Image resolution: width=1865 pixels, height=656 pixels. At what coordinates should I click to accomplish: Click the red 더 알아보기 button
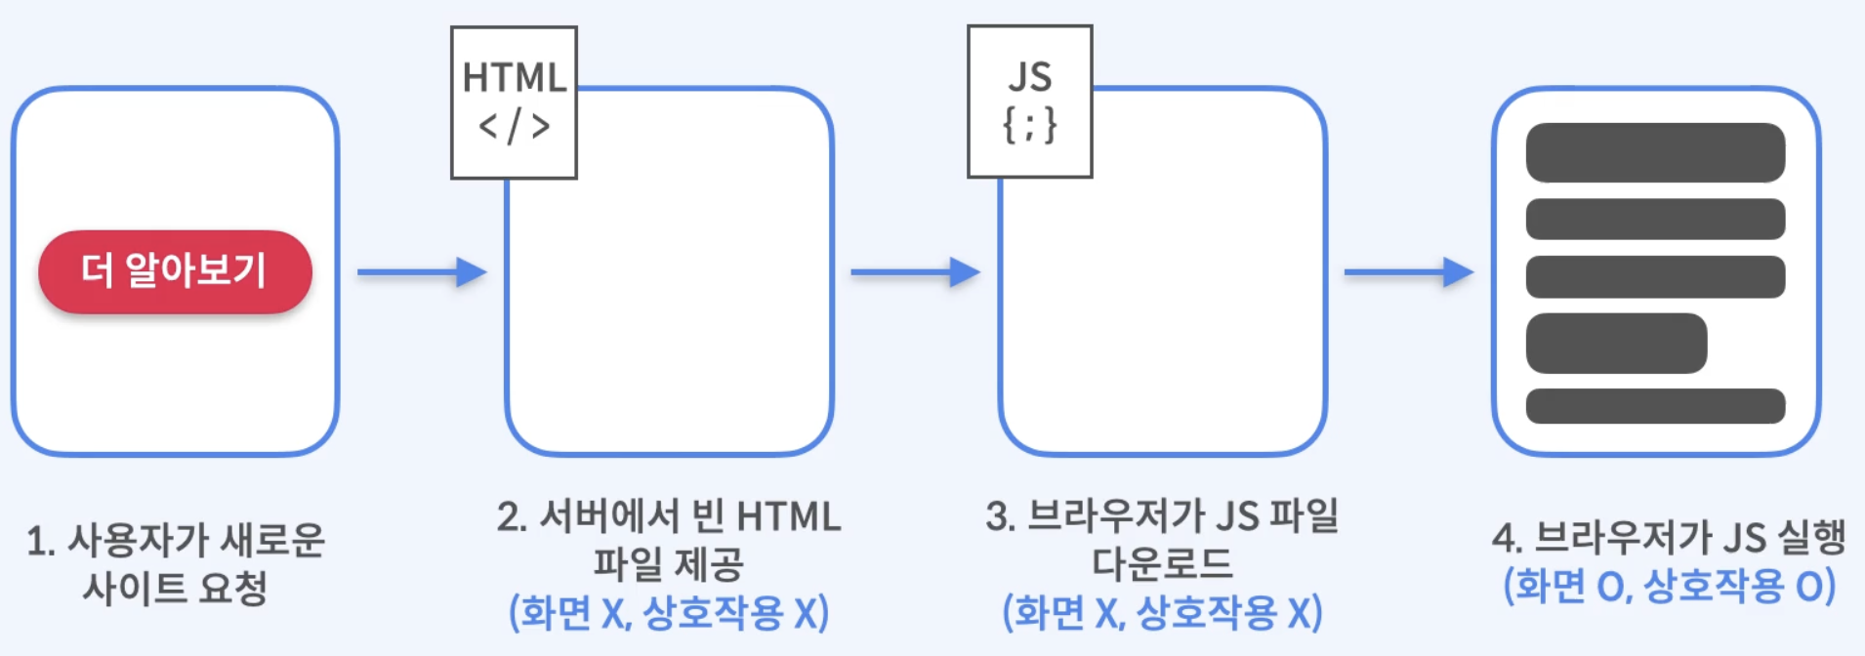pos(175,271)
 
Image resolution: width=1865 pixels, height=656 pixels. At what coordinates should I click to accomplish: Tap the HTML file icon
pos(514,102)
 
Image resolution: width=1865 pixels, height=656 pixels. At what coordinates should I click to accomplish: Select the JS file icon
pos(1029,102)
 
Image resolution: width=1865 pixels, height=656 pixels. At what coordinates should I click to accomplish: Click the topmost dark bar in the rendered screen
pos(1655,152)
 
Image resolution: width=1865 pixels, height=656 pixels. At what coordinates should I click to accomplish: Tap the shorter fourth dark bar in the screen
pos(1616,343)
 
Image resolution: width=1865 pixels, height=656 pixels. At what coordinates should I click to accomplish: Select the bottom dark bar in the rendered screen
pos(1655,406)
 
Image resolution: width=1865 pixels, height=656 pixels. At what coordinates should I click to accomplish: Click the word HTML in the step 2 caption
pos(788,516)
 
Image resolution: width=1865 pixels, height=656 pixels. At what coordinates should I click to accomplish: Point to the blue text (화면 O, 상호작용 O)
pos(1669,586)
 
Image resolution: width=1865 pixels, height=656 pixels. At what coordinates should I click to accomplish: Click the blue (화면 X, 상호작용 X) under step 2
pos(669,613)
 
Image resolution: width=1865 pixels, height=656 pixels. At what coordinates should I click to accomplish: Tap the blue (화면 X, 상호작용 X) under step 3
pos(1162,613)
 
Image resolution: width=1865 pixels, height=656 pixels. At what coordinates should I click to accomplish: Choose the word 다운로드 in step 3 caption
pos(1162,564)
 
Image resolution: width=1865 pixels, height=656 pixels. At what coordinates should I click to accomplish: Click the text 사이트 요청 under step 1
pos(175,588)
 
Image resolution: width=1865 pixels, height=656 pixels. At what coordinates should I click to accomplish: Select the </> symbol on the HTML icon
pos(514,127)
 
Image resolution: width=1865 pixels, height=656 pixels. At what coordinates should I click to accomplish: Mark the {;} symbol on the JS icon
pos(1029,125)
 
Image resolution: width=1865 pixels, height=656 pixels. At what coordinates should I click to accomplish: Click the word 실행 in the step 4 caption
pos(1811,537)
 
